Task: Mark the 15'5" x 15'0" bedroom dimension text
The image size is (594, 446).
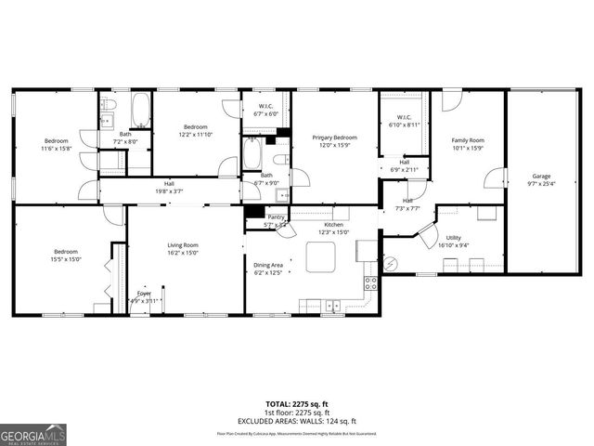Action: (66, 259)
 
